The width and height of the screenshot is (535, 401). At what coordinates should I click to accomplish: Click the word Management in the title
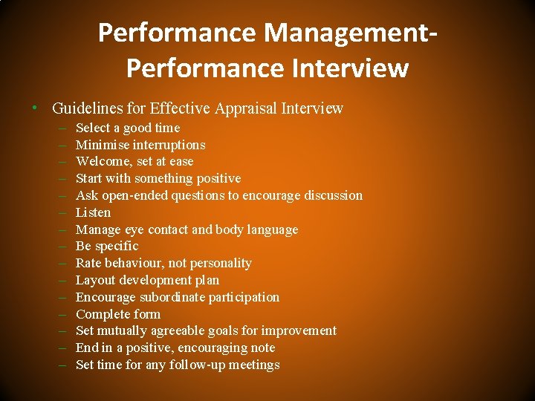(x=348, y=33)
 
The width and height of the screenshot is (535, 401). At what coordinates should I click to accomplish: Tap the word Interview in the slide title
(x=346, y=68)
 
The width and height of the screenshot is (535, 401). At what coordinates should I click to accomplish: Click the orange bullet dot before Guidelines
(x=36, y=109)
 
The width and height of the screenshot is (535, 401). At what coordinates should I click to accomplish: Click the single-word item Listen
(x=94, y=212)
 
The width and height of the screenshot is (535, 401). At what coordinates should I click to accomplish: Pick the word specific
(x=117, y=246)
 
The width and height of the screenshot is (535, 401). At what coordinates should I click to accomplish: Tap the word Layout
(x=95, y=280)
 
